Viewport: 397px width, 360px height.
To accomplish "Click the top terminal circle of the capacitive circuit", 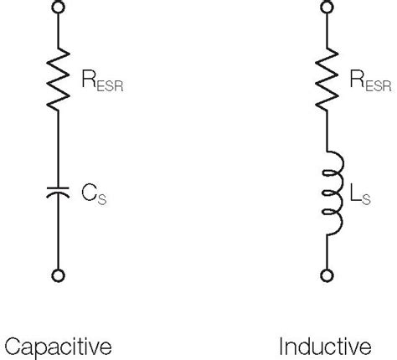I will [58, 9].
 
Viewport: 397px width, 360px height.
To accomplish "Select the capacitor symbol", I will [58, 194].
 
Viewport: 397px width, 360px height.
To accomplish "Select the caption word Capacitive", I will [58, 345].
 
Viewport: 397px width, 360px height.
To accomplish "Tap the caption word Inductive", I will [325, 345].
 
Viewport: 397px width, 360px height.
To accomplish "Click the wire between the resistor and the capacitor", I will [58, 147].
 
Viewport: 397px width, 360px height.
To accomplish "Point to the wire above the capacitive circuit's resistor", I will [58, 33].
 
